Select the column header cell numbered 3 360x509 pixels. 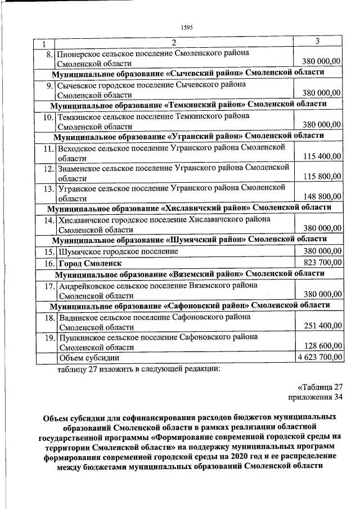coord(318,42)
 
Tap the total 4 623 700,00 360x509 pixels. coord(319,357)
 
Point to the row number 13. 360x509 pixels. coord(48,188)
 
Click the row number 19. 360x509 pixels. coord(48,337)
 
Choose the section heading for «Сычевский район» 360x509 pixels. coord(188,74)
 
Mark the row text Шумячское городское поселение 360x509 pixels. coord(118,252)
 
